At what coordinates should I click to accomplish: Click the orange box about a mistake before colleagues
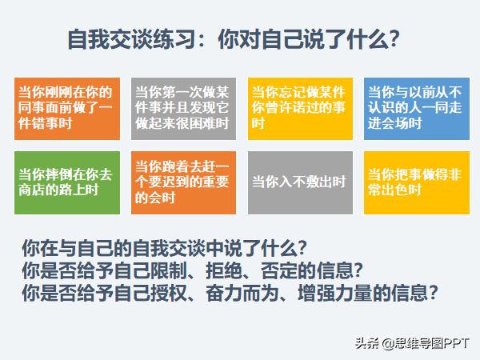[x=67, y=109]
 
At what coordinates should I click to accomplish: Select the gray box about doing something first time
[x=183, y=109]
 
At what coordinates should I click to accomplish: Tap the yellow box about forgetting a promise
[x=300, y=109]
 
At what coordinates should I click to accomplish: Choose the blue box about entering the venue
[x=417, y=109]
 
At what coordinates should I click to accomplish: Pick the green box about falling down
[x=67, y=182]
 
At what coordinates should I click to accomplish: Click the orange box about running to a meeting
[x=183, y=182]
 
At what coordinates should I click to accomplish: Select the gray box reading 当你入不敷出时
[x=300, y=182]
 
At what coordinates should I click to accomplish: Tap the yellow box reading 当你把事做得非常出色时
[x=417, y=182]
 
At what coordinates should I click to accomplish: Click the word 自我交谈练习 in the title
[x=132, y=39]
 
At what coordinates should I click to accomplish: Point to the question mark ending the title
[x=394, y=39]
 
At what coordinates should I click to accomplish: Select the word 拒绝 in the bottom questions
[x=224, y=270]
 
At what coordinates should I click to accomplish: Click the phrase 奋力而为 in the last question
[x=242, y=293]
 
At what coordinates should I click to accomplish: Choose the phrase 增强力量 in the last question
[x=334, y=293]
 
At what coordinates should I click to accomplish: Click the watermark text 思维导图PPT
[x=431, y=343]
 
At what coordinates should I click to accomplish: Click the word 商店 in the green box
[x=31, y=190]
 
